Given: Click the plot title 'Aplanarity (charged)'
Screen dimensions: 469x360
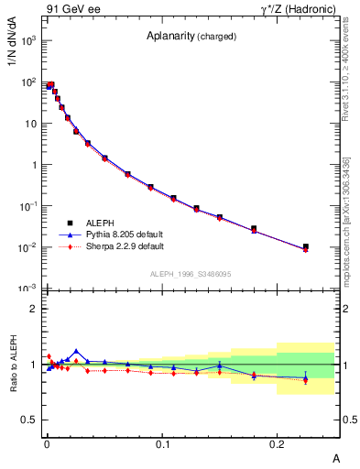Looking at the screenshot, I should [x=191, y=37].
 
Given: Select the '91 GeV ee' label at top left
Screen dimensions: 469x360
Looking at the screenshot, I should [x=72, y=10].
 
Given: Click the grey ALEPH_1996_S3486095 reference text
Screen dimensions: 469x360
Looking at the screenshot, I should [x=191, y=274].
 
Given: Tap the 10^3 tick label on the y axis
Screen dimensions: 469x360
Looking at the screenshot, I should [x=27, y=41].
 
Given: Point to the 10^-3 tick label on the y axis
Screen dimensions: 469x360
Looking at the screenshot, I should [x=27, y=289].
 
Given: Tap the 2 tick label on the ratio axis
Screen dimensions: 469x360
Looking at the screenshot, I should [x=33, y=309].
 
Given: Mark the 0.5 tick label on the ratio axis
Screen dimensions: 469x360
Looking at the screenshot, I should [x=29, y=420].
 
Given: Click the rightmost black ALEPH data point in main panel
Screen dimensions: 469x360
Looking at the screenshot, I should [x=306, y=246].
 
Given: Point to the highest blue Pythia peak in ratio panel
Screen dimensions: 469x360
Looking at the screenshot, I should [x=76, y=351].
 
